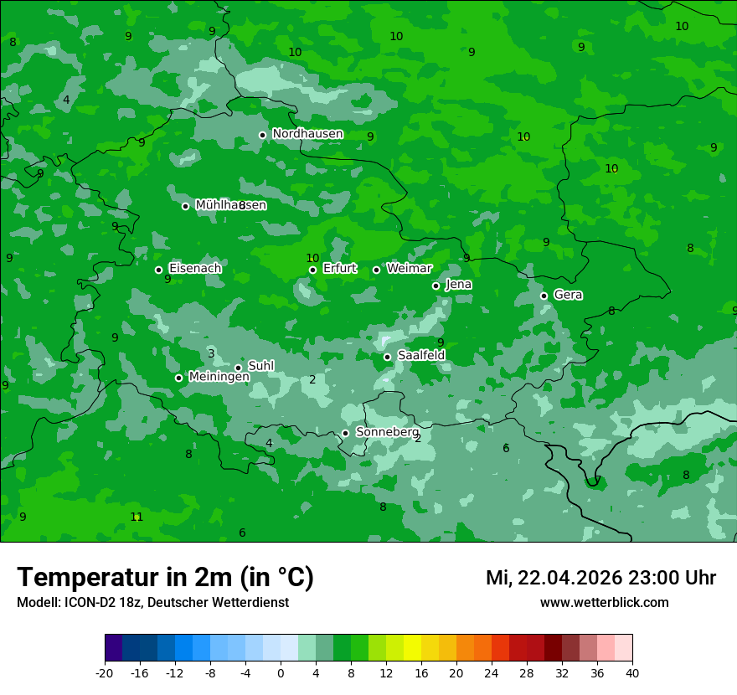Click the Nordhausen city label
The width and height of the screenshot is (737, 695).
307,134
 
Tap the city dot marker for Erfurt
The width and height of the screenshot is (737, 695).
312,270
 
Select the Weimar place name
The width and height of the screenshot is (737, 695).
409,269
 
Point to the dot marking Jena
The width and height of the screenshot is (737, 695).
435,286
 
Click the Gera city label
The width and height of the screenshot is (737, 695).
568,295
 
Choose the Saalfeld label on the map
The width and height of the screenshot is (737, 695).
420,355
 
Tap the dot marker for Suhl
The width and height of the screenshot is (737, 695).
238,368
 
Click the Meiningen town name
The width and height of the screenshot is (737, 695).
219,377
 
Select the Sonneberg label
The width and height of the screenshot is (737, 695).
387,432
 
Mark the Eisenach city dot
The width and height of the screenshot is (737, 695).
158,270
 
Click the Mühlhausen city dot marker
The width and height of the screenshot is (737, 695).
185,206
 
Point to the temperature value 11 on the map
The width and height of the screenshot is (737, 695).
137,517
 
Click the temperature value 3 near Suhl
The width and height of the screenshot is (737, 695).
211,353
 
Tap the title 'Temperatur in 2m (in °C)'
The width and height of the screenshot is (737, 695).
165,577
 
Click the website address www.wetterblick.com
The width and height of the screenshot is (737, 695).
604,602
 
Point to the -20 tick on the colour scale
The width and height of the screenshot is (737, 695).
105,672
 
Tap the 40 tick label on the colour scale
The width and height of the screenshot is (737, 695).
631,672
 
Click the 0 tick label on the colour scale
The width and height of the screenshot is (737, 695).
281,672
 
